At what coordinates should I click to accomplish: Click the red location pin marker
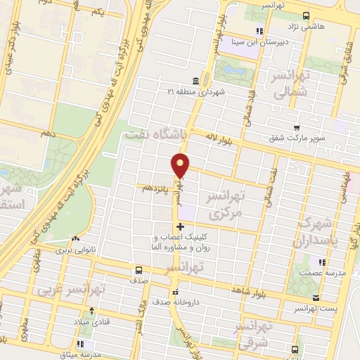181,165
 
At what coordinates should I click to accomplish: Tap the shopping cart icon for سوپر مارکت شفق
296,128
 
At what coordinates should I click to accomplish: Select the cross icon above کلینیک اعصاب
181,226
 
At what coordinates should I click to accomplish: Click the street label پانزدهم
155,188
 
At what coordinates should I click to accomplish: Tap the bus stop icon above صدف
138,269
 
